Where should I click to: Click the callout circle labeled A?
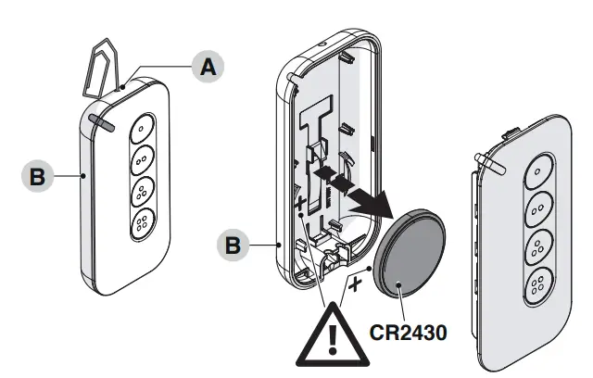208,66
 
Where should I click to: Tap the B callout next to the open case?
233,246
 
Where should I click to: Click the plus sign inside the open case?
300,202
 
